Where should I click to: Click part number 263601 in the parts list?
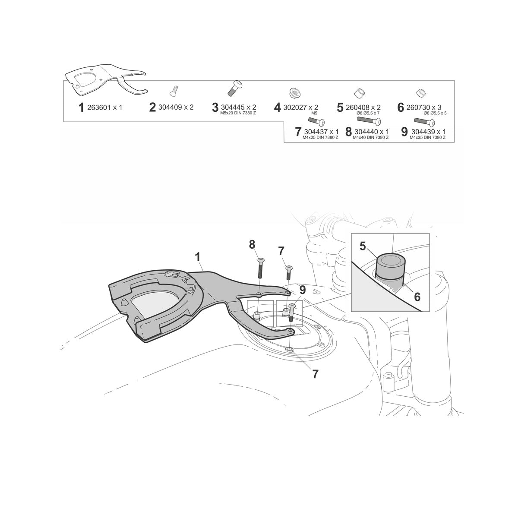(x=99, y=108)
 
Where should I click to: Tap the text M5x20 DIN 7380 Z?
(x=238, y=114)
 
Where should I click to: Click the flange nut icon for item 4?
(x=295, y=93)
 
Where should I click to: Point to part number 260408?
(x=357, y=108)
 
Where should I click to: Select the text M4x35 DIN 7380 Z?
(x=427, y=137)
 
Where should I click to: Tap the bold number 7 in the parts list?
(x=298, y=132)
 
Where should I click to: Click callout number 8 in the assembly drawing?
(x=252, y=245)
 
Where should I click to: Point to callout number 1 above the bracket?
(x=198, y=257)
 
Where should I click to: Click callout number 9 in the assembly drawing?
(x=303, y=290)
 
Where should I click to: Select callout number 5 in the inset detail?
(x=363, y=246)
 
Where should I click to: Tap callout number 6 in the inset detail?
(x=417, y=297)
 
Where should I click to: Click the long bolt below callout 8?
(x=260, y=268)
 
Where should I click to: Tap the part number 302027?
(x=295, y=108)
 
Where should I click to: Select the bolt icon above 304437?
(x=316, y=122)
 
